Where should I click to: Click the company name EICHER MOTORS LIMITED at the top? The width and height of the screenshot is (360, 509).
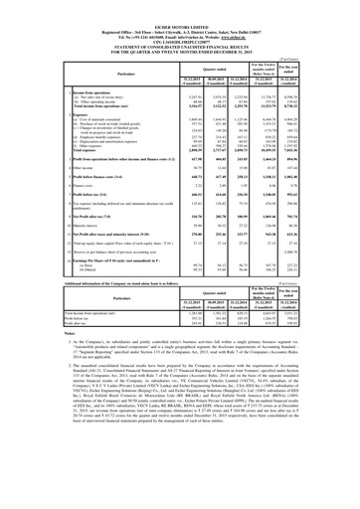pos(180,9)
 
